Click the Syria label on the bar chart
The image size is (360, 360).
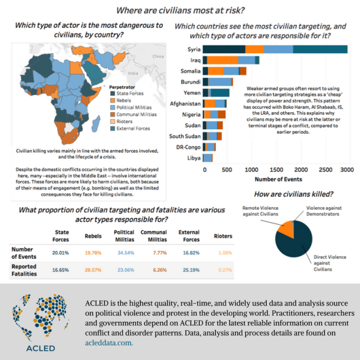[x=192, y=49]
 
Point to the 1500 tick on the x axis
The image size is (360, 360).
[x=276, y=170]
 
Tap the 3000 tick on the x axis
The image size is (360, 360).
[x=347, y=170]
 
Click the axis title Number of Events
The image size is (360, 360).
[x=275, y=179]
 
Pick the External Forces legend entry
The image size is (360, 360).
[x=133, y=129]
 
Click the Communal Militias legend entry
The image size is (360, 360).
[x=136, y=114]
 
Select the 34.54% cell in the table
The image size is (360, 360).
[x=125, y=252]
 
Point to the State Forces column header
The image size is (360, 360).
[x=61, y=235]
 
